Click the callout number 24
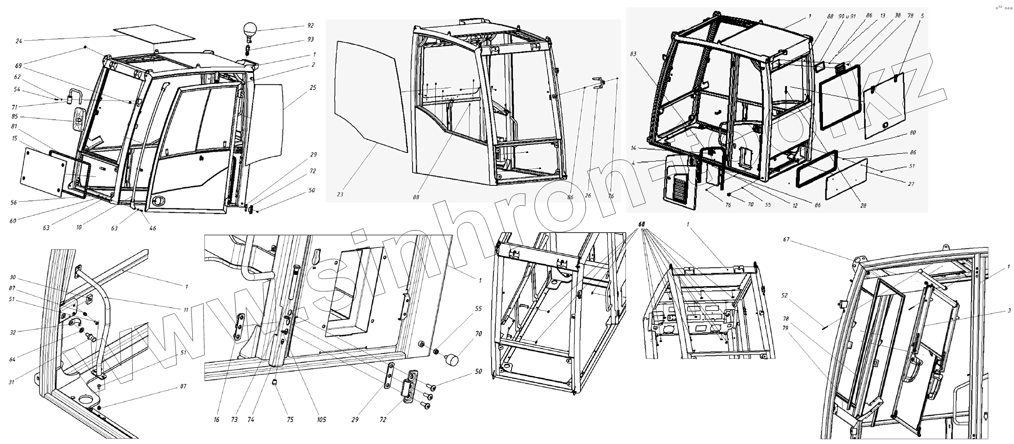[19, 41]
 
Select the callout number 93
[311, 40]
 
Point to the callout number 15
[15, 138]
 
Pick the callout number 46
[153, 228]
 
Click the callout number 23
[340, 194]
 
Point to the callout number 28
[863, 206]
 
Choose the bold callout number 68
[641, 224]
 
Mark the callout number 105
[322, 420]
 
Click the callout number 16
[216, 420]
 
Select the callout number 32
[13, 332]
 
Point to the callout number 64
[13, 360]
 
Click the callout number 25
[312, 88]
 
